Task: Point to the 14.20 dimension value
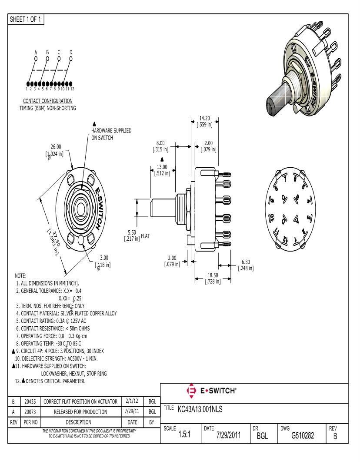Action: (204, 118)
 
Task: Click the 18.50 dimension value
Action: (213, 276)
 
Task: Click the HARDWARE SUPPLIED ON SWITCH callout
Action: (111, 134)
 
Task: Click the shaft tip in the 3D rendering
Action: (273, 105)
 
